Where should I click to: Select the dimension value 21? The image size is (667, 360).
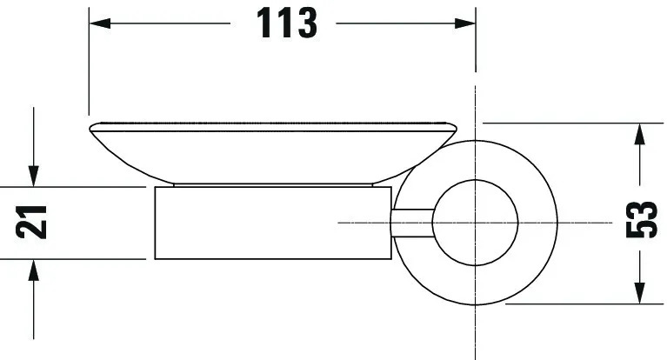click(32, 223)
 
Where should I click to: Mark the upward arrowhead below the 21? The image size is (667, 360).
click(32, 270)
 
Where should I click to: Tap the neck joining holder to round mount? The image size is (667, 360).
click(414, 223)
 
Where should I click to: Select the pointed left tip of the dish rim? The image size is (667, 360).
click(90, 130)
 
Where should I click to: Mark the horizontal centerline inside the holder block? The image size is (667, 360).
click(365, 223)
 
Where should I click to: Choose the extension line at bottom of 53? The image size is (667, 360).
click(574, 304)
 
